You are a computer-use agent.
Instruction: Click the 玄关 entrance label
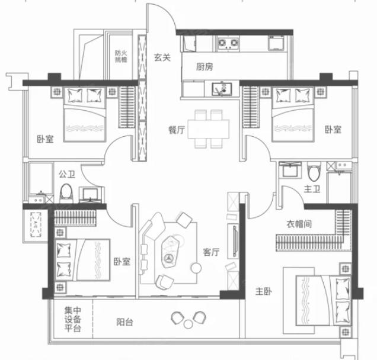(x=162, y=57)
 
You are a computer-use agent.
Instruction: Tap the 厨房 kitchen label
(x=205, y=66)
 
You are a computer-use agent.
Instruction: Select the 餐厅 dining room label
(x=177, y=130)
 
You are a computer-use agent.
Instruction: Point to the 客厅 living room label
(x=211, y=252)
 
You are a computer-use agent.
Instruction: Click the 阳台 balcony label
(x=124, y=322)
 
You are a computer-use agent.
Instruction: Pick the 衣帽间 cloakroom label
(x=299, y=224)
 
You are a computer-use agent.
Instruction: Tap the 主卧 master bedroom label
(x=264, y=291)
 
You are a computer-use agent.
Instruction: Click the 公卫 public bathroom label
(x=67, y=174)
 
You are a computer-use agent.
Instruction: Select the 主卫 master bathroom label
(x=312, y=189)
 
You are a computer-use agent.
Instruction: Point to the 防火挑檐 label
(x=121, y=56)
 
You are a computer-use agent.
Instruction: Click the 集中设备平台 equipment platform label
(x=72, y=319)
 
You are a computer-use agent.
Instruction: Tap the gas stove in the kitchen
(x=228, y=44)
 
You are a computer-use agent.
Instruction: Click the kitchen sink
(x=222, y=89)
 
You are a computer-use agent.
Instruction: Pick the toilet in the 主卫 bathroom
(x=314, y=171)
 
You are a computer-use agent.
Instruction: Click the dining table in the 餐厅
(x=209, y=129)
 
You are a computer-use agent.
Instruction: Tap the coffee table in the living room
(x=171, y=252)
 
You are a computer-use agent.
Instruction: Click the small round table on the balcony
(x=188, y=324)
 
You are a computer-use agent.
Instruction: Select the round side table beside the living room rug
(x=196, y=268)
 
